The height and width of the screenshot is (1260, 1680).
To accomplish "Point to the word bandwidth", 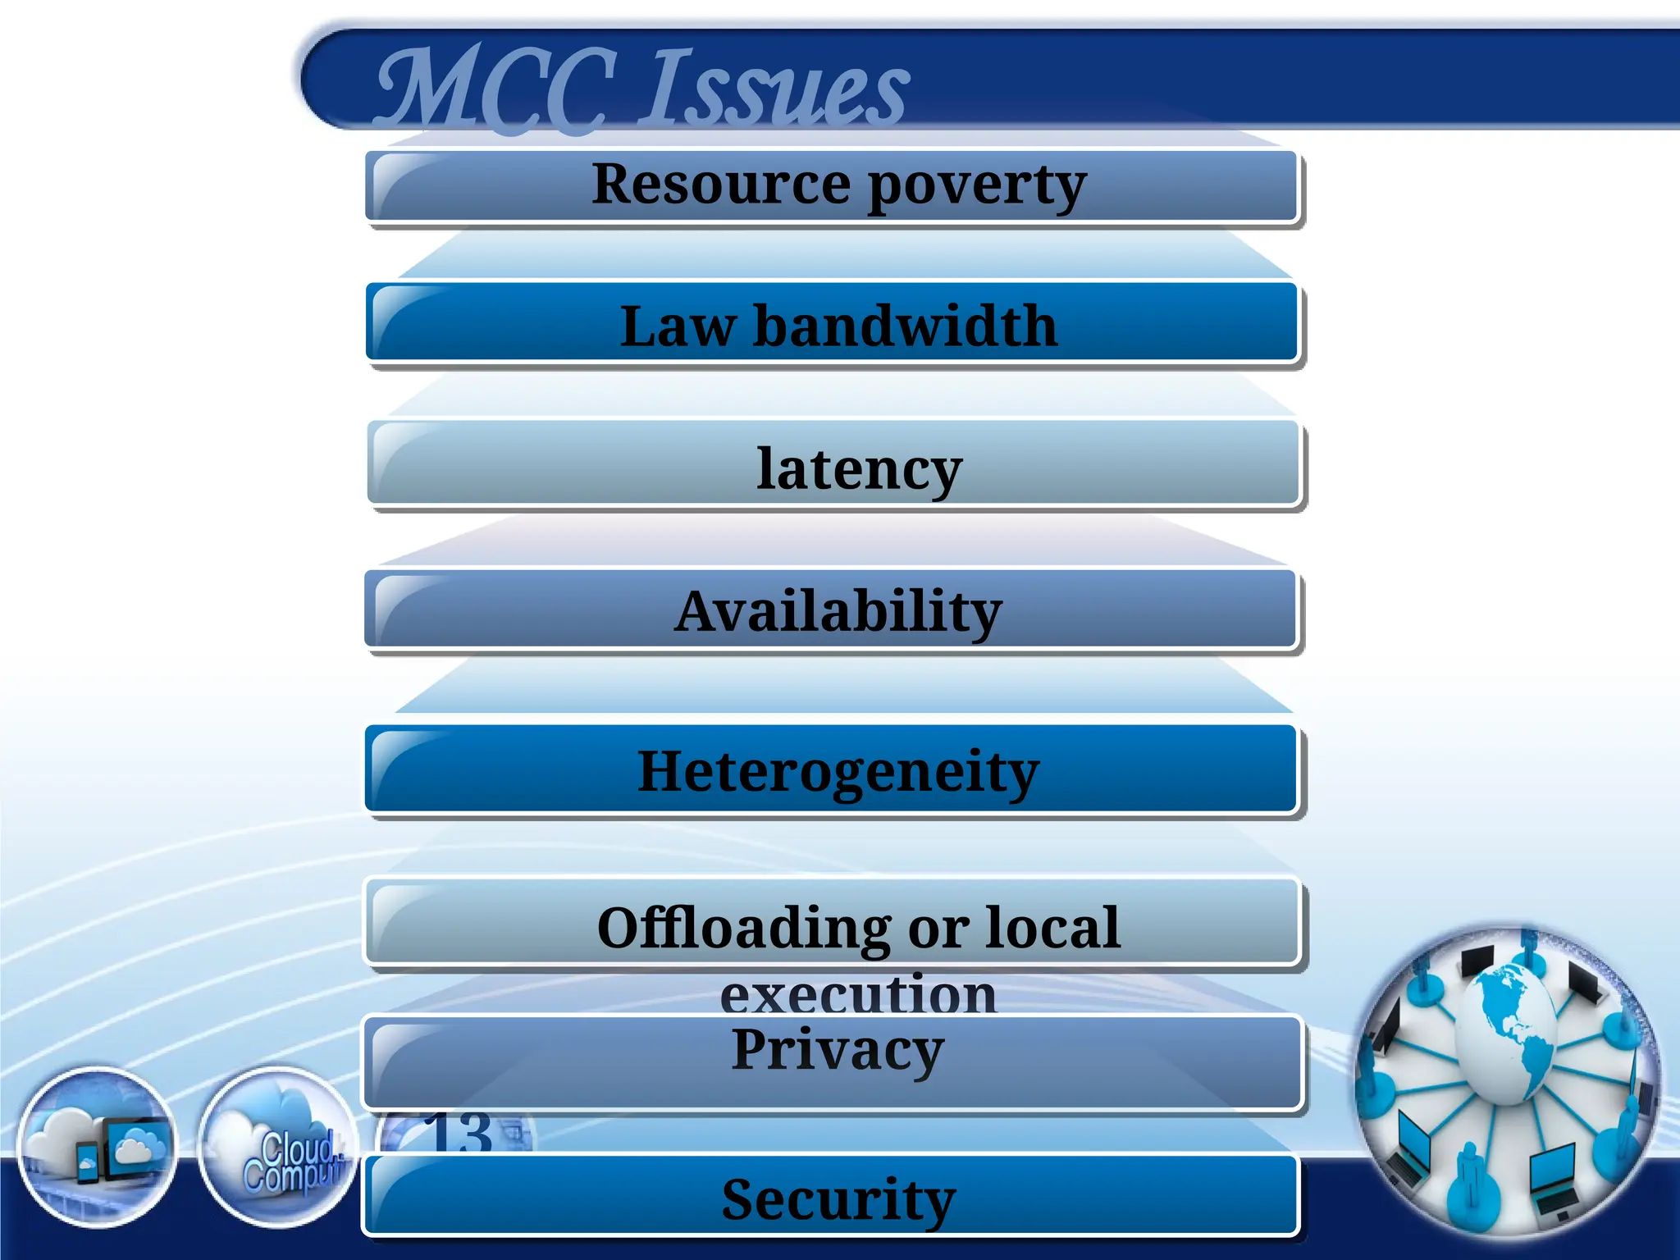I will pos(905,326).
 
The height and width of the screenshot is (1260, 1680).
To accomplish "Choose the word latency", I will pos(858,469).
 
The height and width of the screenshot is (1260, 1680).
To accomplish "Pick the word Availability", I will pos(838,612).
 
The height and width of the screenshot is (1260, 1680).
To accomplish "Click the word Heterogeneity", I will pos(838,773).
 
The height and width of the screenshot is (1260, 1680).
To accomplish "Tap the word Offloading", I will pos(743,929).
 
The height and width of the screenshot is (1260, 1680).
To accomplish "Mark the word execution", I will pos(858,994).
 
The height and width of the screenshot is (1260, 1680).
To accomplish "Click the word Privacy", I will pos(838,1050).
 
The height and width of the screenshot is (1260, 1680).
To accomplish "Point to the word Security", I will pos(838,1199).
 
